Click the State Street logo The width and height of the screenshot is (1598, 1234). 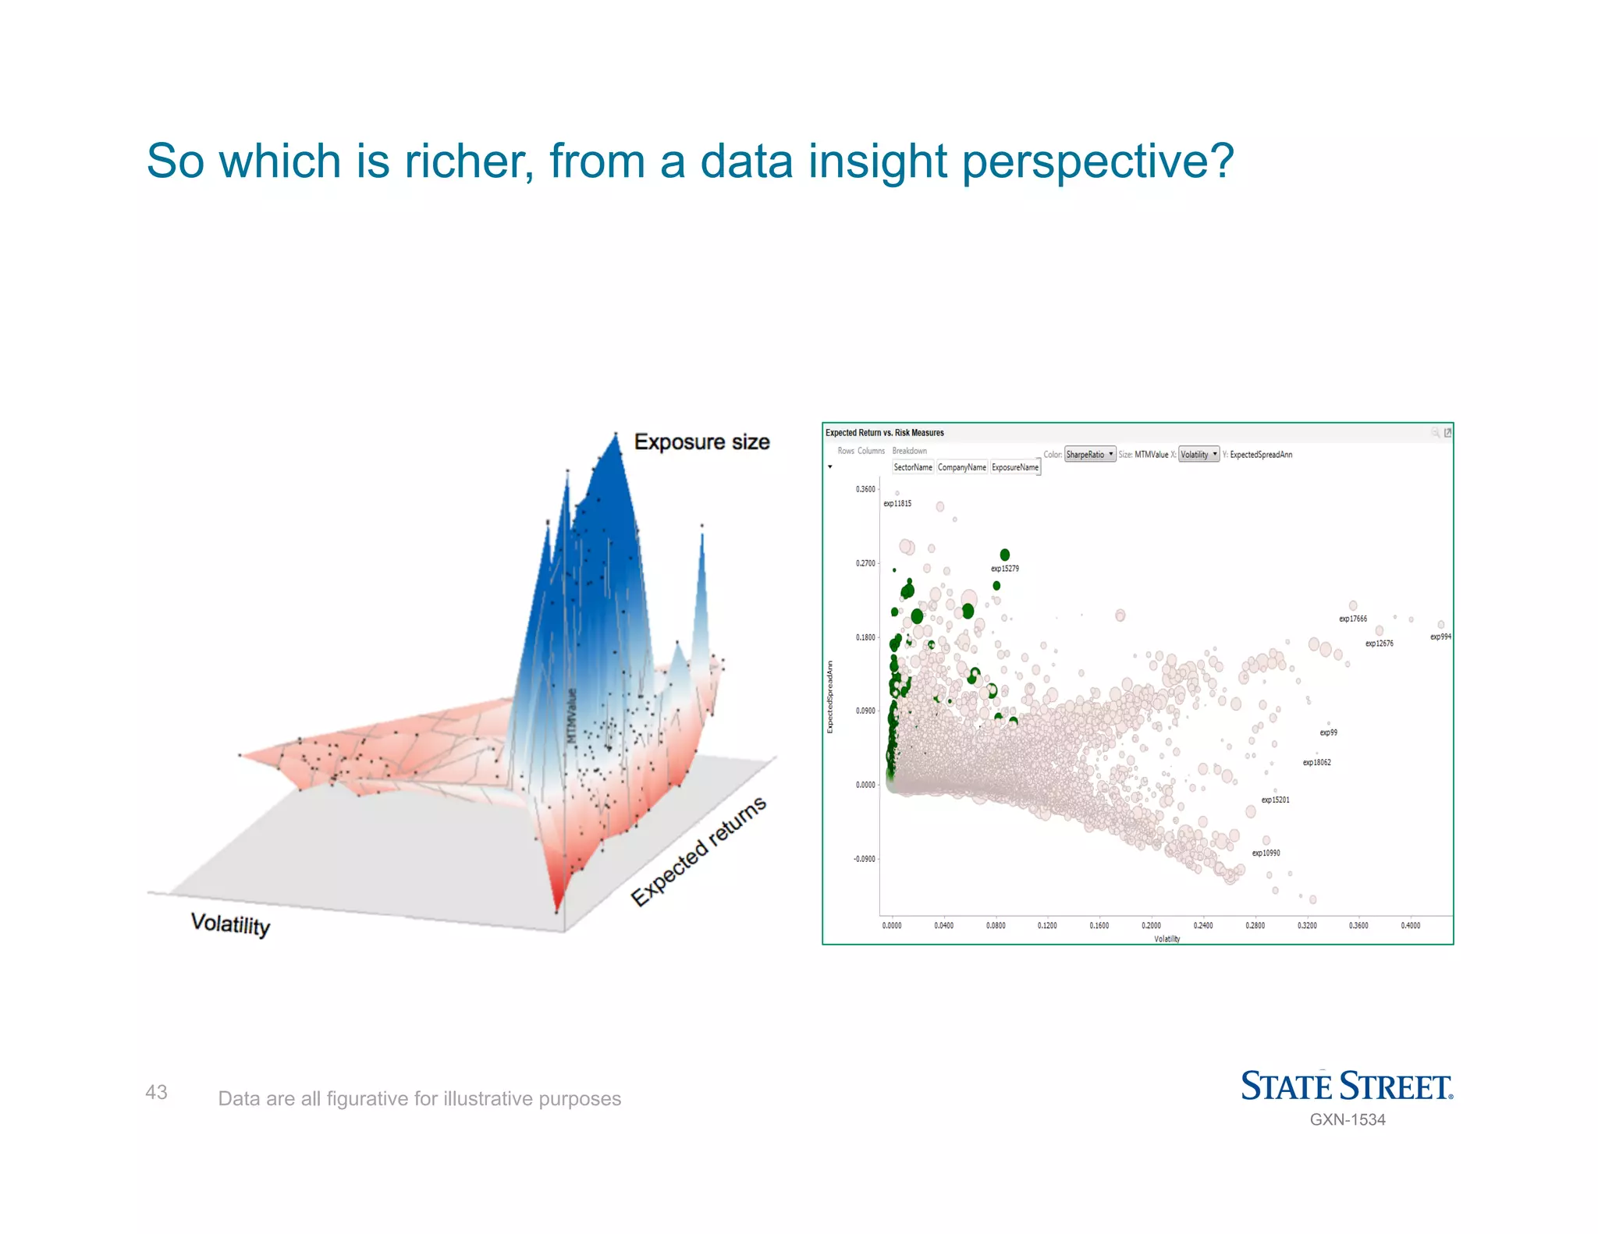[x=1346, y=1086]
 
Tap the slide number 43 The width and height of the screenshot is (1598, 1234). [x=156, y=1092]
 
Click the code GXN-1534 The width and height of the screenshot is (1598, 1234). [x=1348, y=1119]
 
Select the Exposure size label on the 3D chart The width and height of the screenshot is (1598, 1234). [x=701, y=442]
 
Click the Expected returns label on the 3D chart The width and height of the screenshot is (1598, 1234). [x=698, y=852]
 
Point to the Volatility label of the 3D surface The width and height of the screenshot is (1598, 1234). [x=230, y=924]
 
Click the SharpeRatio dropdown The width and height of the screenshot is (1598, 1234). [x=1090, y=455]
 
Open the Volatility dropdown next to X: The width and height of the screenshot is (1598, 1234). [x=1198, y=455]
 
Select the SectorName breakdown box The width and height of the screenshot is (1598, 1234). [x=913, y=467]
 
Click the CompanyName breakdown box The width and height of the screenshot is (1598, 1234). [x=962, y=467]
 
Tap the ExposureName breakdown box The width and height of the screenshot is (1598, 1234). [x=1015, y=467]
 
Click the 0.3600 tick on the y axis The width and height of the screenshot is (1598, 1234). [x=865, y=489]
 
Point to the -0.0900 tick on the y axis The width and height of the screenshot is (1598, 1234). [x=864, y=859]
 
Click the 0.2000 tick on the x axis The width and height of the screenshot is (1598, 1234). [x=1151, y=926]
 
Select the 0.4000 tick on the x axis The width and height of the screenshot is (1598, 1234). [x=1410, y=926]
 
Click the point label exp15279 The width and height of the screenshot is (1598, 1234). [x=1005, y=569]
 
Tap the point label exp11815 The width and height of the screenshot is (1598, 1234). [x=897, y=504]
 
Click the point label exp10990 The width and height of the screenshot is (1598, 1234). [x=1266, y=853]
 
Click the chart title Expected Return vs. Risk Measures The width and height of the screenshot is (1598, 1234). [x=885, y=433]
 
